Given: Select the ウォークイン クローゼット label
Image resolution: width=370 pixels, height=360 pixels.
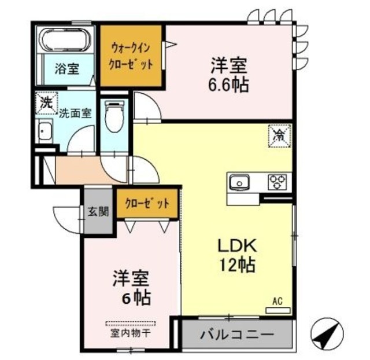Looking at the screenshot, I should click(x=132, y=56).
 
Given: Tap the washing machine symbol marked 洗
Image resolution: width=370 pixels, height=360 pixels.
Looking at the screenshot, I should click(x=45, y=104).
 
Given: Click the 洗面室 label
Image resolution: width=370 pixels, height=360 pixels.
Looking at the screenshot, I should click(x=75, y=113).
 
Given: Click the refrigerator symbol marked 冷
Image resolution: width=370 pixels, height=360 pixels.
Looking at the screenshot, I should click(x=279, y=136).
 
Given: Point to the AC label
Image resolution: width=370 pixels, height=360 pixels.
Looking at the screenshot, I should click(x=277, y=301).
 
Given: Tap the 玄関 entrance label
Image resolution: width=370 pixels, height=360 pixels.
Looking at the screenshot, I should click(x=98, y=211).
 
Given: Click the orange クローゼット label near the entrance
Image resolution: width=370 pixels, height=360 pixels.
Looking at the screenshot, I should click(x=147, y=204).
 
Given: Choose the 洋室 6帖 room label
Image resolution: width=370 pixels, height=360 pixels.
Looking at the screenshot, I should click(x=131, y=287).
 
